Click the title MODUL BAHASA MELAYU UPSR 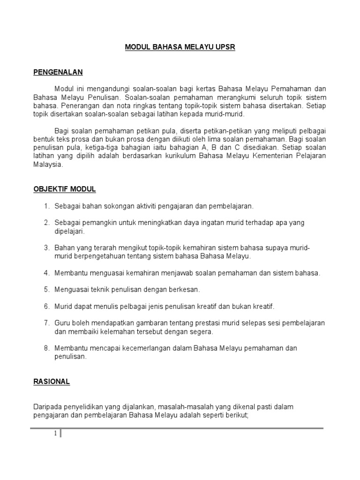pyautogui.click(x=180, y=47)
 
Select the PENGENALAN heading pyautogui.click(x=58, y=72)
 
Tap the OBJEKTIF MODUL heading pyautogui.click(x=65, y=189)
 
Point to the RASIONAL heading pyautogui.click(x=52, y=382)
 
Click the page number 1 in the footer pyautogui.click(x=55, y=434)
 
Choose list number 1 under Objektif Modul pyautogui.click(x=46, y=206)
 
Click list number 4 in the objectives pyautogui.click(x=46, y=273)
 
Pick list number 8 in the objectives pyautogui.click(x=46, y=348)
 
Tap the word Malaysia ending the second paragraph pyautogui.click(x=48, y=165)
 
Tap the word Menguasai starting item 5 pyautogui.click(x=70, y=290)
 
